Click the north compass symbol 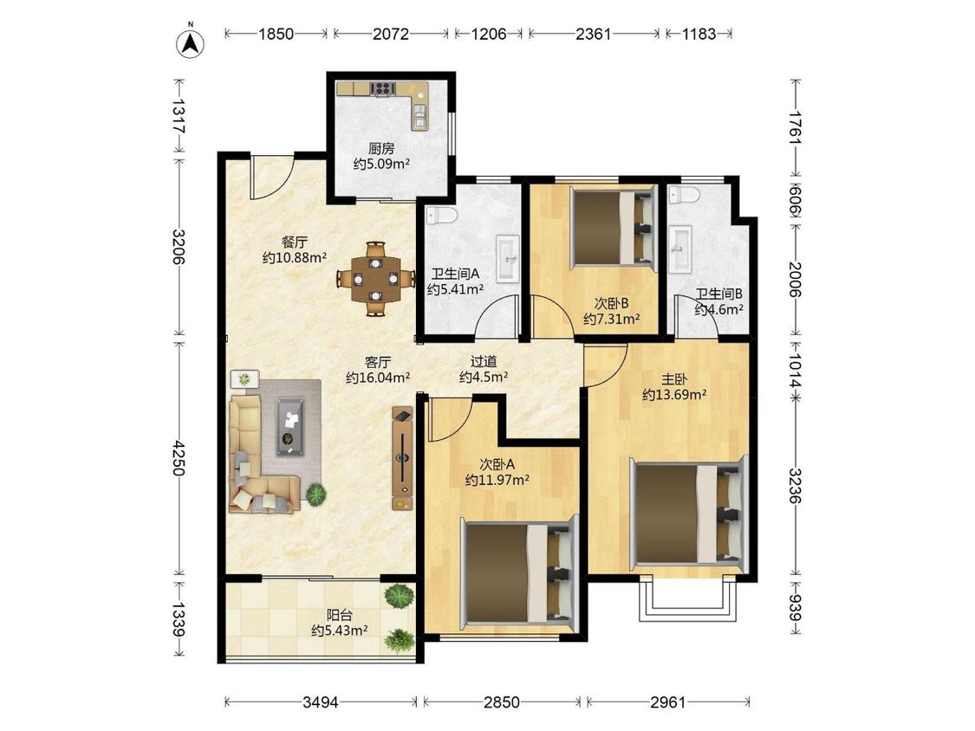pos(191,42)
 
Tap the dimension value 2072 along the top pos(391,34)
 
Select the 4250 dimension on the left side pos(179,457)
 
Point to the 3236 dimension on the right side pos(796,486)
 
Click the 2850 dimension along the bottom pos(501,702)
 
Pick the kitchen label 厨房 pos(381,149)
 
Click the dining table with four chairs pos(375,279)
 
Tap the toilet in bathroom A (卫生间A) pos(441,216)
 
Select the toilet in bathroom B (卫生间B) pos(683,195)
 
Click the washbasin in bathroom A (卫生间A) pos(507,259)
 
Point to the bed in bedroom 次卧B pos(614,228)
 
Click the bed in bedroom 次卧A pos(519,570)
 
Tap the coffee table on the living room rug pos(289,426)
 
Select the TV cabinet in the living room pos(402,459)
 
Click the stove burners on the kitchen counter pos(383,89)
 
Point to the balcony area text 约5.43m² pos(340,631)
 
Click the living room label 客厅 pos(378,362)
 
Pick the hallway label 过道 pos(484,361)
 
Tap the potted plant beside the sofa pos(315,495)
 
